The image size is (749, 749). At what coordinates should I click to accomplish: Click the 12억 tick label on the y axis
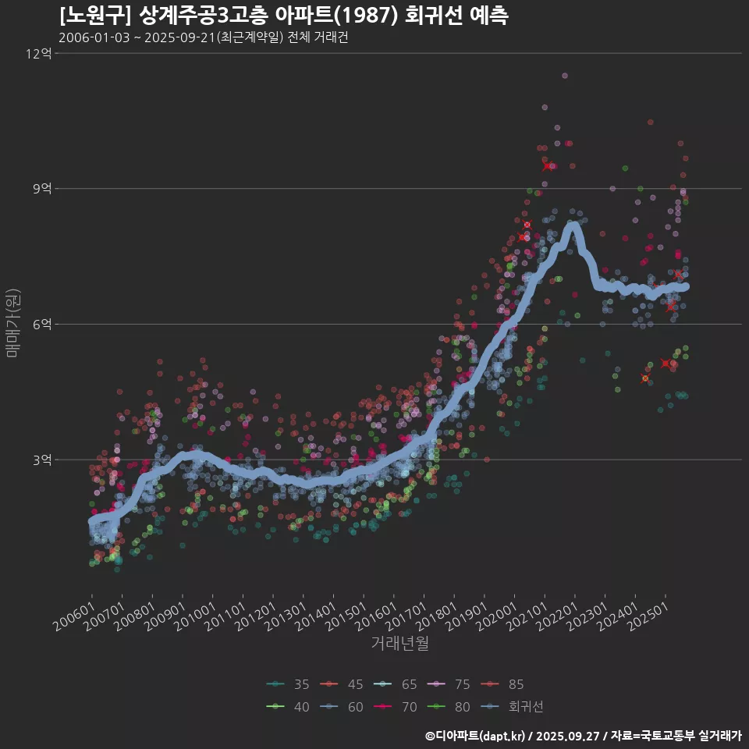[38, 54]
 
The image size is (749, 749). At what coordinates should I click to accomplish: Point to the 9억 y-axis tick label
[42, 189]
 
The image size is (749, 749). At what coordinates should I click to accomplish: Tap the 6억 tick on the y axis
[42, 324]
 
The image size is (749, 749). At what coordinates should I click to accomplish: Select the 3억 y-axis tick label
[42, 460]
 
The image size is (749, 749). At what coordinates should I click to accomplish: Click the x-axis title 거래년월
[399, 644]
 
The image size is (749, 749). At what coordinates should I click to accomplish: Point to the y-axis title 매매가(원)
[13, 323]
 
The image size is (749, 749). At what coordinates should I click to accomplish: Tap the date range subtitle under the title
[203, 38]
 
